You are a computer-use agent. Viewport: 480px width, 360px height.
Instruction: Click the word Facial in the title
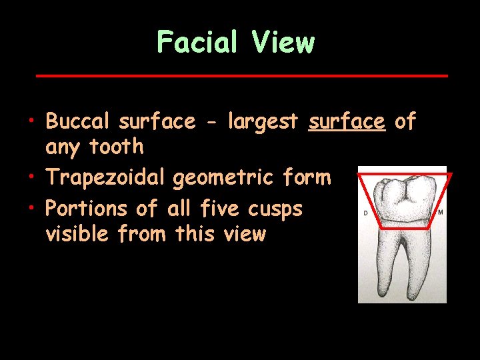[x=197, y=43]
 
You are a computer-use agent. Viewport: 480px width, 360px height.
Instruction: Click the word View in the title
[x=283, y=43]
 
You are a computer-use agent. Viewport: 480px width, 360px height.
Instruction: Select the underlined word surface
[x=347, y=121]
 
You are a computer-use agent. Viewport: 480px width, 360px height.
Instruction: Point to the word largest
[x=263, y=123]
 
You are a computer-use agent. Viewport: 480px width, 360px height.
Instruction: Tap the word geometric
[x=223, y=178]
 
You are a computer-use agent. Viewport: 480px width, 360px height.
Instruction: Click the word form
[x=305, y=177]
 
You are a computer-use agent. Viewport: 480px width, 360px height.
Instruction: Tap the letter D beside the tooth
[x=365, y=213]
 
